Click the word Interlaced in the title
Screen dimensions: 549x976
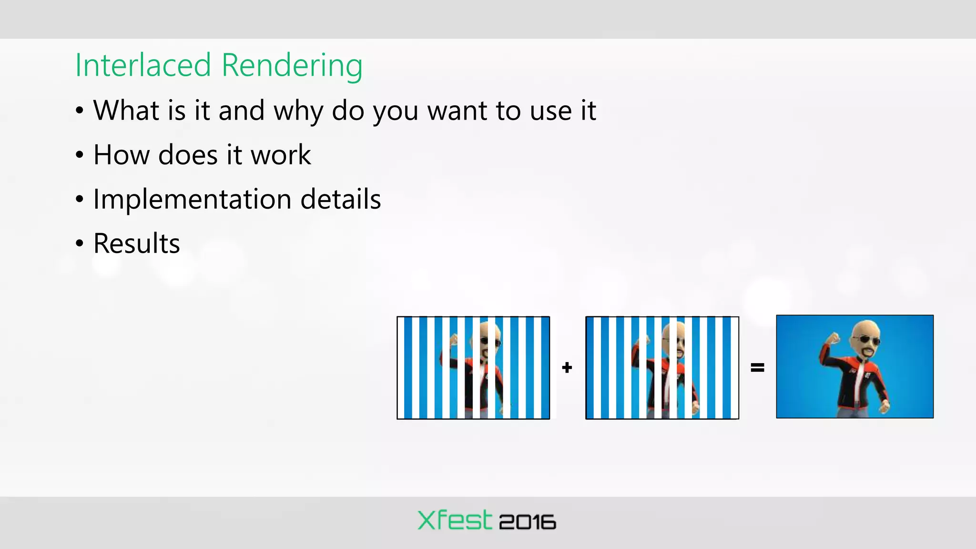(143, 65)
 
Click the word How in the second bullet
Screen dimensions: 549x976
(121, 155)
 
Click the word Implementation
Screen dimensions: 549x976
(192, 199)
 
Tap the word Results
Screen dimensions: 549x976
(136, 244)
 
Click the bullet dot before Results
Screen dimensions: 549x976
(80, 244)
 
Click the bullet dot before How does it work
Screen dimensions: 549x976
(80, 155)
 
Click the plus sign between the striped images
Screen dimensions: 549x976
(567, 367)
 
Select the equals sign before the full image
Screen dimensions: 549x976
(757, 367)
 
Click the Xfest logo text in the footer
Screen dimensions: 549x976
(454, 520)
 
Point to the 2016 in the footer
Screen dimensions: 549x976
(527, 522)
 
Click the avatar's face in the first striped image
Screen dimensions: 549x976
(489, 344)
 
